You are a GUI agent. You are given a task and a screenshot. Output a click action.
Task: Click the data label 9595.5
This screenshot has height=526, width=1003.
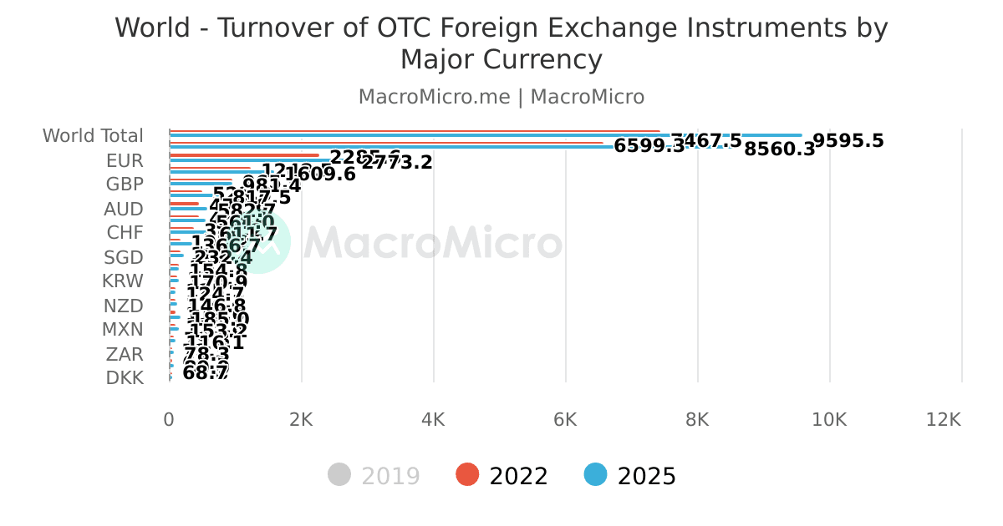coord(848,140)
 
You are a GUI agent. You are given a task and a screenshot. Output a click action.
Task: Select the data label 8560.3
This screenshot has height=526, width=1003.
coord(779,149)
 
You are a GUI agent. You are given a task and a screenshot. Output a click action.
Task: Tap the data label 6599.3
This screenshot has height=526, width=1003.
coord(649,146)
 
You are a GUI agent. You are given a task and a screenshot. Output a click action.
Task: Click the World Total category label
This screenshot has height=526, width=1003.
coord(93,135)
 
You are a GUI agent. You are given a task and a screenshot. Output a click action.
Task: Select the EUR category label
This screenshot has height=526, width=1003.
coord(125,160)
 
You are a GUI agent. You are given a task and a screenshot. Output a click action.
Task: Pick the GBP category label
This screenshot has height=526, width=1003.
coord(125,185)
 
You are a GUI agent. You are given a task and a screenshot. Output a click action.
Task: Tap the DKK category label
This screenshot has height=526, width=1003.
coord(125,378)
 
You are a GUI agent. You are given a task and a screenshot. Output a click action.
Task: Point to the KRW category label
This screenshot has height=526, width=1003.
coord(123,281)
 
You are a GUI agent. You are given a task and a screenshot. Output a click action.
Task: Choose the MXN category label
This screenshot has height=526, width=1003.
coord(123,330)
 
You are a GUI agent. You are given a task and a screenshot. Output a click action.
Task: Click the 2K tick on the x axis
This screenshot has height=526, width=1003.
coord(301,420)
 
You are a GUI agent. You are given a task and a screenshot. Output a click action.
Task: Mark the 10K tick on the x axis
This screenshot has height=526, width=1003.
coord(829,420)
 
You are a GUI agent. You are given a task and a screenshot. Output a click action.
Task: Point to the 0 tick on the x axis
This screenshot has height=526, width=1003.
coord(169,420)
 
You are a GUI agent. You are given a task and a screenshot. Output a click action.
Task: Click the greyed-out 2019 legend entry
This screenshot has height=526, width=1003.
coord(374,476)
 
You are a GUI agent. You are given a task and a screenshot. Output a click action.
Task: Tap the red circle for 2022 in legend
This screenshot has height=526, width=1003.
coord(467,475)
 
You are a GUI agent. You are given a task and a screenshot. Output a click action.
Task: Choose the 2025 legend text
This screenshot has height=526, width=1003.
coord(646,476)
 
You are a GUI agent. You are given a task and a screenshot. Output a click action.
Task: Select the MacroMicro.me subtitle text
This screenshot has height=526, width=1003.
coord(434,97)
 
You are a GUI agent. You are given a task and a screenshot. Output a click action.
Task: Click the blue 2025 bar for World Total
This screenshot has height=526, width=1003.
coord(485,135)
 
